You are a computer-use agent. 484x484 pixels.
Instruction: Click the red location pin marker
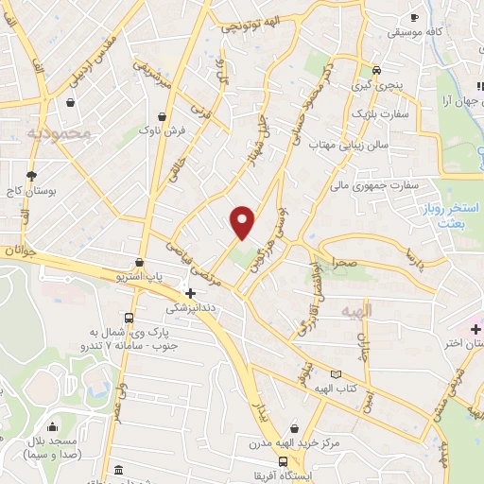(x=243, y=222)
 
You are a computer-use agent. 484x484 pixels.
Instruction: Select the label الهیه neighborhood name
(x=358, y=309)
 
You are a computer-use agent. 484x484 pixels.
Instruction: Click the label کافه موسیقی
(x=412, y=32)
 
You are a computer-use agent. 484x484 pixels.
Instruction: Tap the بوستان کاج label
(x=34, y=190)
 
